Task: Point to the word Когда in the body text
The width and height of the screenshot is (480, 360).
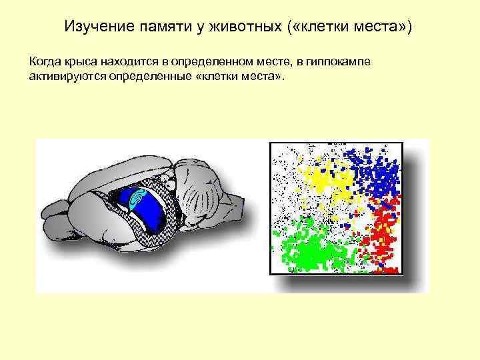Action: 44,62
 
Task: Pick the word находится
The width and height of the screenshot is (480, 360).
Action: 131,62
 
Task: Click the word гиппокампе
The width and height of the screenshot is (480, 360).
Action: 333,62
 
